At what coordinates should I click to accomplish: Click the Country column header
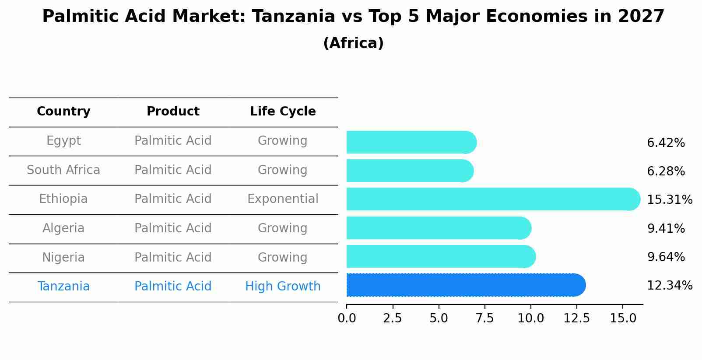tap(63, 112)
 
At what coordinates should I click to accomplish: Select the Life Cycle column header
tap(283, 112)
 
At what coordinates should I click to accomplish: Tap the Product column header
tap(173, 112)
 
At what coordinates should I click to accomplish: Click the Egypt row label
tap(63, 141)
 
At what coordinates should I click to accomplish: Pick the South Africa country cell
tap(63, 170)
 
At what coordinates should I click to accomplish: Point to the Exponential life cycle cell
tap(283, 199)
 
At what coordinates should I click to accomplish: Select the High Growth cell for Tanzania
tap(283, 287)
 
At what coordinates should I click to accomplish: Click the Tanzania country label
tap(63, 287)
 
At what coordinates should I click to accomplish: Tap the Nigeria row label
tap(63, 257)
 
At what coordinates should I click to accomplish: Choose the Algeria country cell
tap(63, 228)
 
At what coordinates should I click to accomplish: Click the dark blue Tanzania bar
tap(464, 285)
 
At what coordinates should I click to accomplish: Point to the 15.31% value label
tap(670, 200)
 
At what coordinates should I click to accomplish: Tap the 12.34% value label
tap(670, 286)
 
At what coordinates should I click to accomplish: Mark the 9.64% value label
tap(666, 257)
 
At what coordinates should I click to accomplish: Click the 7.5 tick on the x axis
tap(484, 318)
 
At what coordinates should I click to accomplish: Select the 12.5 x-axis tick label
tap(576, 318)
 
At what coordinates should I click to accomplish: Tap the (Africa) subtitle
tap(353, 43)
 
